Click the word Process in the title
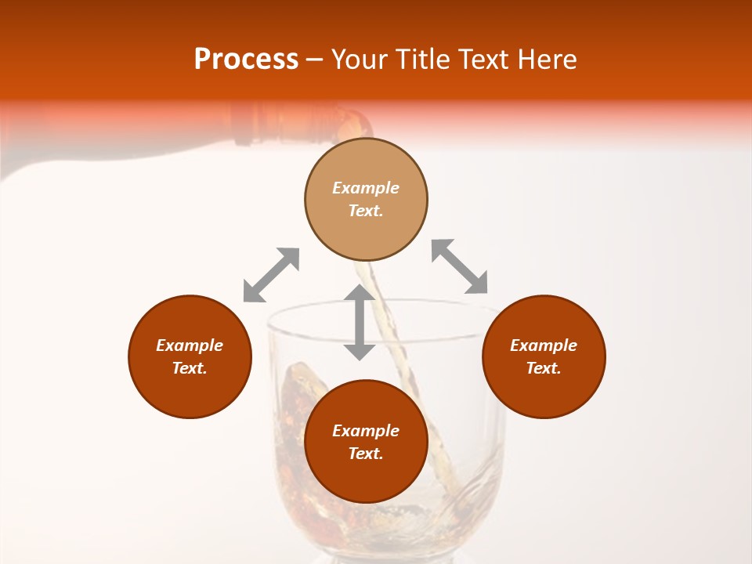[x=246, y=60]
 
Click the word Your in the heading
[x=360, y=60]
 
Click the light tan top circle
[x=366, y=166]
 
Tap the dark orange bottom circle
[x=366, y=478]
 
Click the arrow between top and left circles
[x=271, y=275]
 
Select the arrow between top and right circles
[x=460, y=266]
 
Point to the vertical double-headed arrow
[x=360, y=322]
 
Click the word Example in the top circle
[x=366, y=188]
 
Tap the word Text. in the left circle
[x=190, y=368]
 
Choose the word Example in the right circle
[x=544, y=345]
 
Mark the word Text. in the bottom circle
[x=366, y=454]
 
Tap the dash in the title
[x=315, y=60]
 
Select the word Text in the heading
[x=484, y=60]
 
